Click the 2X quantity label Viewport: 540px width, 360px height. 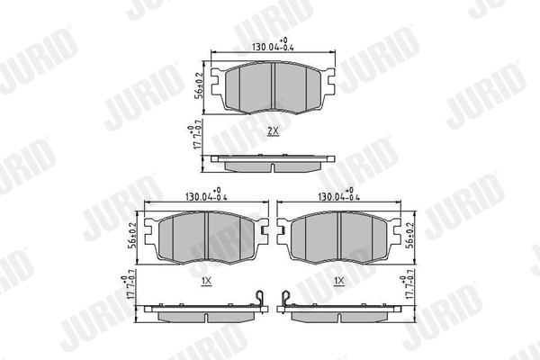[273, 130]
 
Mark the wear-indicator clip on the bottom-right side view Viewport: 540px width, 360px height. [284, 299]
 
